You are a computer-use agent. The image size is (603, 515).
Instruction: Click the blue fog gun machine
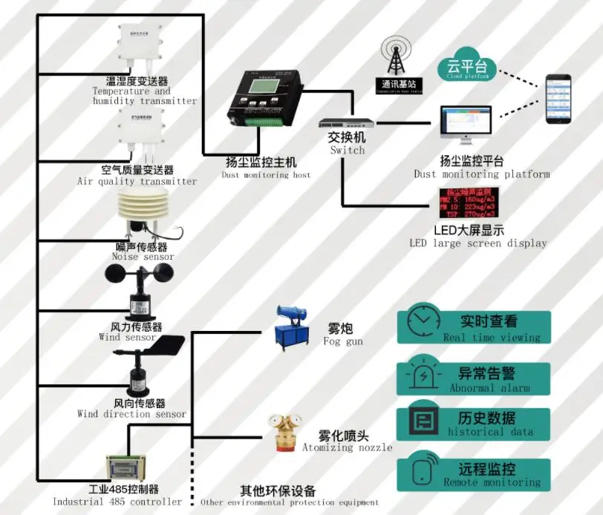293,327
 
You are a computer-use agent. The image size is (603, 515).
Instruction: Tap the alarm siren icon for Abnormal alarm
421,376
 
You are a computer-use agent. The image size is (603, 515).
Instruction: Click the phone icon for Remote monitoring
421,474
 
